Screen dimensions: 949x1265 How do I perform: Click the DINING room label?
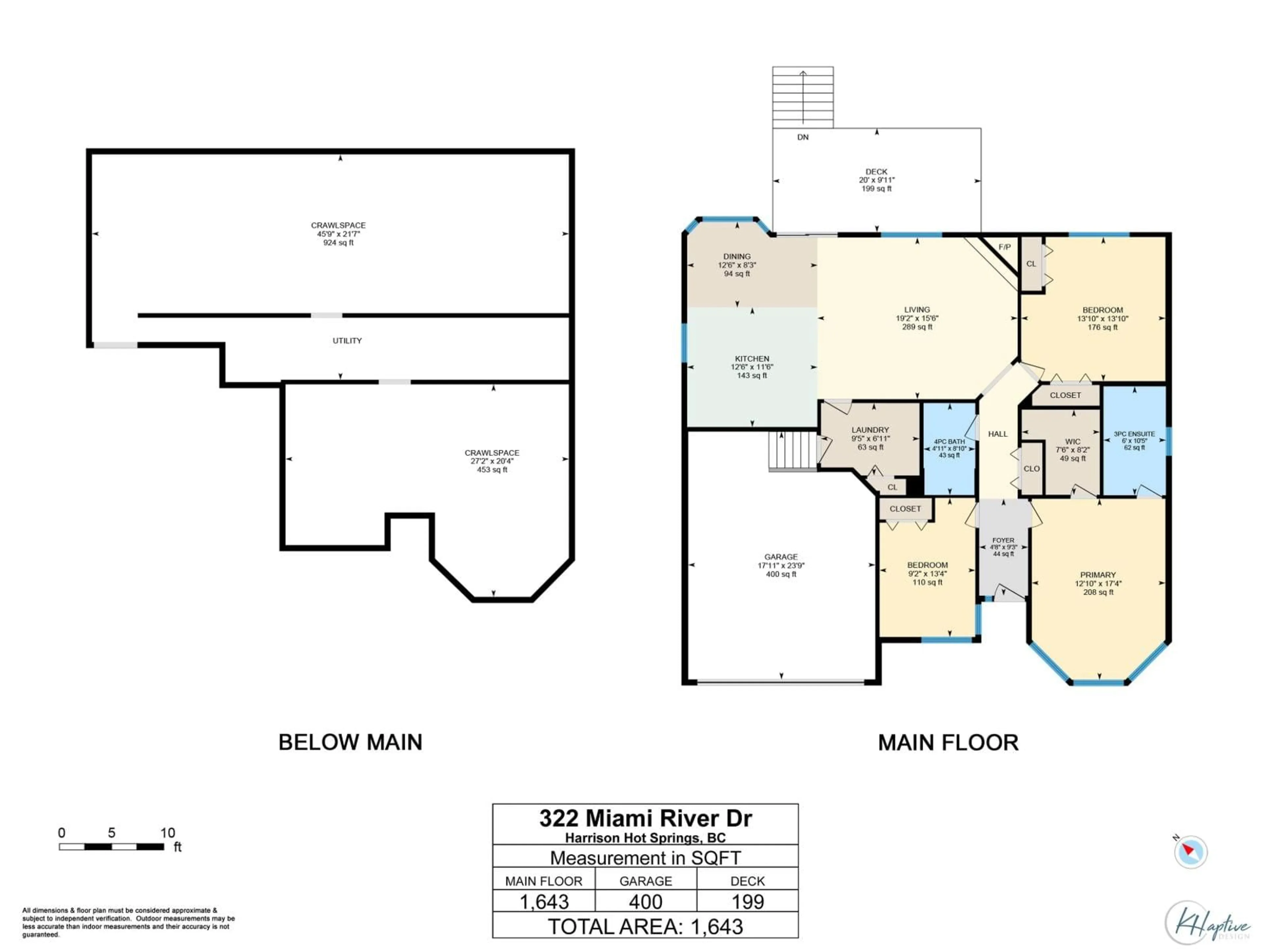tap(737, 257)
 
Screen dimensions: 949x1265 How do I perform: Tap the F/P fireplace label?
tap(1004, 247)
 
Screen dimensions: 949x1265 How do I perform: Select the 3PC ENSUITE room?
tap(1134, 441)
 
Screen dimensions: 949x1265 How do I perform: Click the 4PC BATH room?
tap(949, 448)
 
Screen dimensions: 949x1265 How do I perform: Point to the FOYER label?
tap(1003, 540)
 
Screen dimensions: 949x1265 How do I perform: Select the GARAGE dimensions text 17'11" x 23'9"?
tap(781, 565)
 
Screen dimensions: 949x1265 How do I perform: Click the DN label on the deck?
tap(803, 137)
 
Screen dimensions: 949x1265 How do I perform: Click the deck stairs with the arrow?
tap(803, 97)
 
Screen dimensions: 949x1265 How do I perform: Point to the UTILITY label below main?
tap(347, 340)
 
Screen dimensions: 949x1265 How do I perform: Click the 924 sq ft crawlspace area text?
tap(339, 243)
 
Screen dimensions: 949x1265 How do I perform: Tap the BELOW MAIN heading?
tap(350, 742)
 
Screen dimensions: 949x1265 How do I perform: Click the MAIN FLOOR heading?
tap(948, 742)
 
